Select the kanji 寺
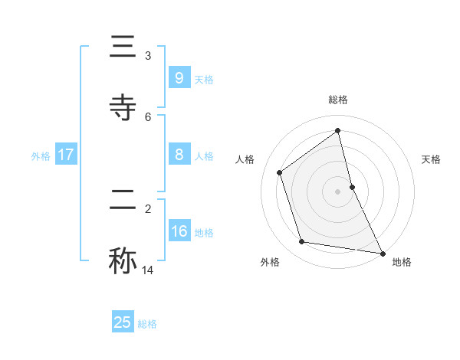(123, 107)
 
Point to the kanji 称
(123, 260)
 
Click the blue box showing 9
(179, 78)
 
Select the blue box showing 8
(179, 155)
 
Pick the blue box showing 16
(179, 231)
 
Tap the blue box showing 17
(65, 155)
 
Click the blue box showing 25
(123, 322)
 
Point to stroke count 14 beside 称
(148, 270)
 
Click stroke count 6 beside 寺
(148, 116)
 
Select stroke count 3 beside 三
(148, 56)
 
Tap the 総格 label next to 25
(147, 324)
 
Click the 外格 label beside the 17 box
(41, 156)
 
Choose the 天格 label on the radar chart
(432, 159)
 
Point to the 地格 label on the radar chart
(402, 262)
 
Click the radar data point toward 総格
(338, 130)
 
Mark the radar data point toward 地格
(381, 252)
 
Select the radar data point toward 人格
(280, 172)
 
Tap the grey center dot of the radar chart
(338, 191)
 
